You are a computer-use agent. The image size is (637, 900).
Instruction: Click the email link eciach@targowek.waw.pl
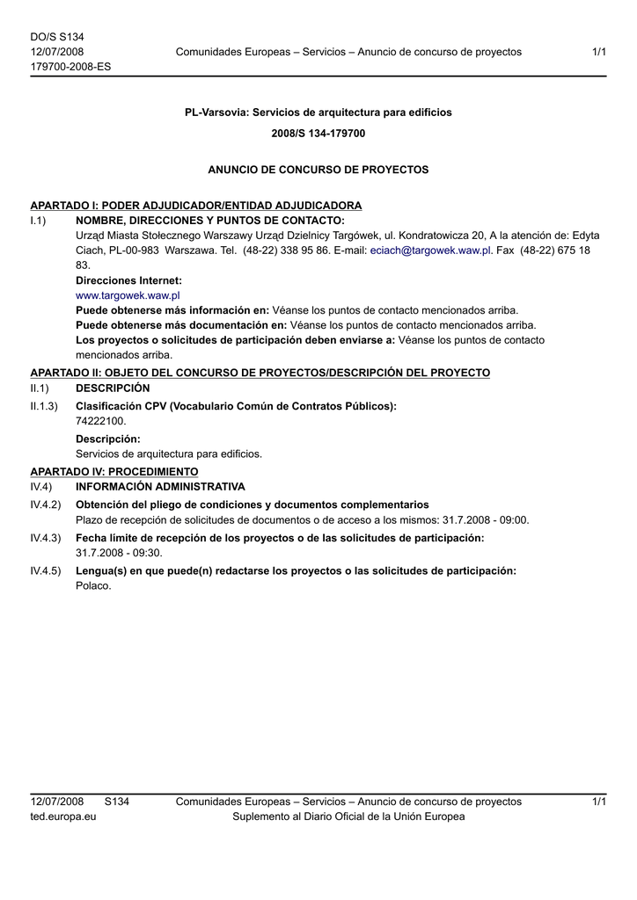429,250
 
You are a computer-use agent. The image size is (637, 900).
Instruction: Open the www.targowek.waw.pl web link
128,295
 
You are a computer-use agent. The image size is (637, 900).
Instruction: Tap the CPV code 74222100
101,421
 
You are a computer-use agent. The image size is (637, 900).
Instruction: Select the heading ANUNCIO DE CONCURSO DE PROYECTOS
318,169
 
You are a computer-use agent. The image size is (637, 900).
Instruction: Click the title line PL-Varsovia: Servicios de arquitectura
318,112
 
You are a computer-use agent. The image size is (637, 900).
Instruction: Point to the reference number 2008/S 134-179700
318,134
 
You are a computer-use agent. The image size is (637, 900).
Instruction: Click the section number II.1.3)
44,406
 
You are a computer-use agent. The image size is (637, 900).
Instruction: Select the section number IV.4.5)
46,570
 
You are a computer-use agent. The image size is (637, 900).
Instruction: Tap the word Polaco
94,586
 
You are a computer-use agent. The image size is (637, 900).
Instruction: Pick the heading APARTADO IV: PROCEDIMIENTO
114,472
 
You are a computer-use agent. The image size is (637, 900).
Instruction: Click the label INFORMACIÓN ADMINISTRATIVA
160,486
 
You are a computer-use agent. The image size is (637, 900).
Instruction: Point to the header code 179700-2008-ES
70,67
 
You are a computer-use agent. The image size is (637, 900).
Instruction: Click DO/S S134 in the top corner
57,37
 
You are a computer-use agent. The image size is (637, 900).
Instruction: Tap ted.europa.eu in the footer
63,817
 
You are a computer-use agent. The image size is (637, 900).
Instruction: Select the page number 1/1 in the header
599,52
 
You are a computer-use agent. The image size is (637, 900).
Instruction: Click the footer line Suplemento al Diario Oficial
348,817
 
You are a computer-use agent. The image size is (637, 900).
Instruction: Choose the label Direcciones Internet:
128,280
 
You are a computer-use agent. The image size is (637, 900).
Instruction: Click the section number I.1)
38,220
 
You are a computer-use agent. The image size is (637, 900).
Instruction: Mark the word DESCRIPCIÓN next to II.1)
113,388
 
